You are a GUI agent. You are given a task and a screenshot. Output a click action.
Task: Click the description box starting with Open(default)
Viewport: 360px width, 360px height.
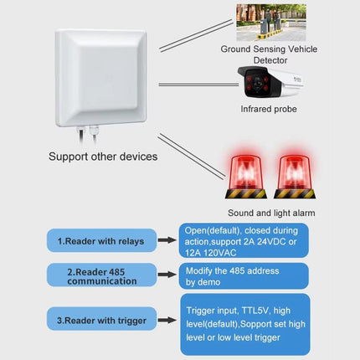pos(244,241)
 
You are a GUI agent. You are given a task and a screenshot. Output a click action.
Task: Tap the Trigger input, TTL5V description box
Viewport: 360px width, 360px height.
pos(244,324)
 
